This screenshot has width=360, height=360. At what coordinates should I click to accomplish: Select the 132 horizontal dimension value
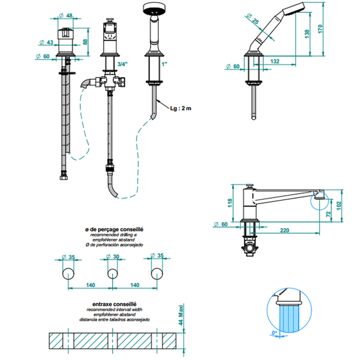coord(275,61)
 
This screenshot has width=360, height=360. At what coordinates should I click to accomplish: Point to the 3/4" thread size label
coord(124,65)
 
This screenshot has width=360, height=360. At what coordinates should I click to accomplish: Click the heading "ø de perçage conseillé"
coord(114,228)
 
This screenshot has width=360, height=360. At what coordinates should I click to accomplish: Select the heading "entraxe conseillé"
coord(115,304)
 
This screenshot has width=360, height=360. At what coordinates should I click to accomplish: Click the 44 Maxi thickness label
coord(179,315)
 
